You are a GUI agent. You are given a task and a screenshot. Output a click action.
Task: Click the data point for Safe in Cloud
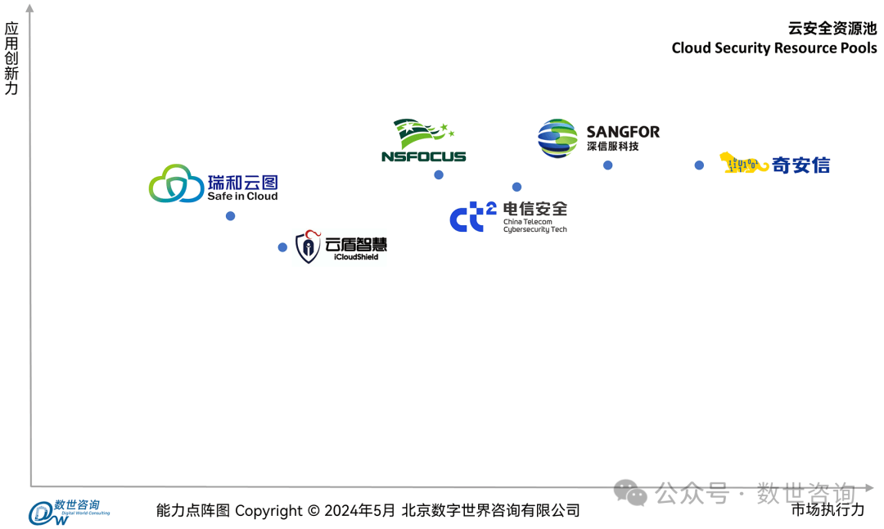pyautogui.click(x=230, y=216)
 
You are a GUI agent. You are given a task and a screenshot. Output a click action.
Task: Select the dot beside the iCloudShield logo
pyautogui.click(x=282, y=247)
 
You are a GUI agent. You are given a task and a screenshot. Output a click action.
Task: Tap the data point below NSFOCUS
pyautogui.click(x=439, y=175)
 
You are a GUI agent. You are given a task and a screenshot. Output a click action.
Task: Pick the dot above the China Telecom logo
pyautogui.click(x=516, y=188)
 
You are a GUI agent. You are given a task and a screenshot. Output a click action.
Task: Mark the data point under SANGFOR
pyautogui.click(x=608, y=165)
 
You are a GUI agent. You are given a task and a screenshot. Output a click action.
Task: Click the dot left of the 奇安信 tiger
pyautogui.click(x=699, y=165)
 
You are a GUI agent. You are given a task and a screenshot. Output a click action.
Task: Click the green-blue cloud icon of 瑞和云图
pyautogui.click(x=176, y=183)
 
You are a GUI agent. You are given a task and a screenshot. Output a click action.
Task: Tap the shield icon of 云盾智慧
pyautogui.click(x=308, y=246)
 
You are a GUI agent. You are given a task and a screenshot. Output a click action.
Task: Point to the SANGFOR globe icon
pyautogui.click(x=557, y=138)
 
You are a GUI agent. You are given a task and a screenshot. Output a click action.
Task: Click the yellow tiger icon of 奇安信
pyautogui.click(x=744, y=164)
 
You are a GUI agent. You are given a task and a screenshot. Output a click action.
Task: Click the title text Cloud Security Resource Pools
pyautogui.click(x=773, y=47)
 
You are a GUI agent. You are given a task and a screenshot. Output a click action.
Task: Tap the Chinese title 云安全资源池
pyautogui.click(x=832, y=28)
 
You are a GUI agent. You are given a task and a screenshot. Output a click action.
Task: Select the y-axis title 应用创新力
pyautogui.click(x=11, y=58)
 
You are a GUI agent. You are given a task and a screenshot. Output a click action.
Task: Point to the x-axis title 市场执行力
pyautogui.click(x=827, y=509)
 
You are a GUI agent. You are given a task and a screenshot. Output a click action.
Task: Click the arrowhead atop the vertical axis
pyautogui.click(x=30, y=9)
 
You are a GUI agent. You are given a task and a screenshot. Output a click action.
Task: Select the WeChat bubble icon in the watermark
pyautogui.click(x=630, y=493)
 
